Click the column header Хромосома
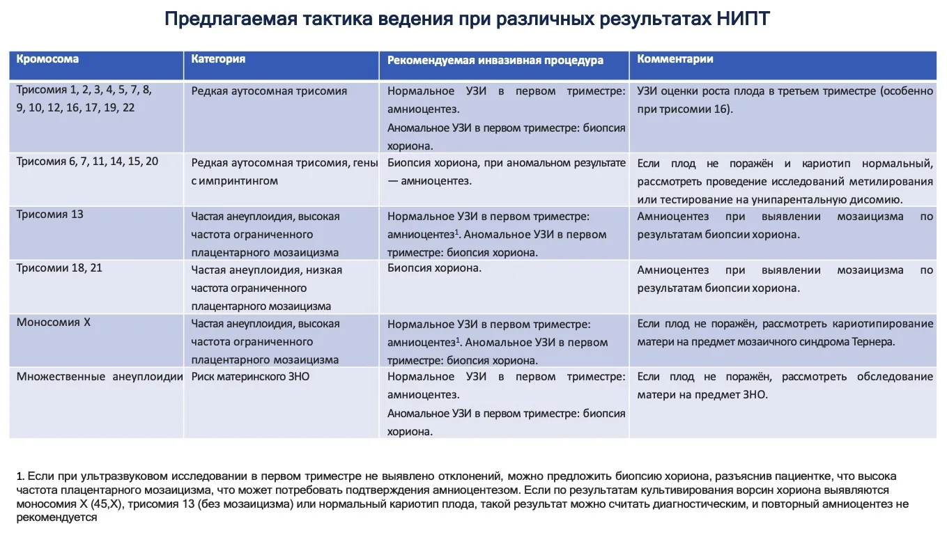47,59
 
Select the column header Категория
218,59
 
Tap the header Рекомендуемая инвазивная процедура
495,61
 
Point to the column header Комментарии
675,59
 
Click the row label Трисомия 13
49,214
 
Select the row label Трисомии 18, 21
59,267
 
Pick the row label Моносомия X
53,322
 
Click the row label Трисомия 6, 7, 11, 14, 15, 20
87,161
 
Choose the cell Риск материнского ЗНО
250,377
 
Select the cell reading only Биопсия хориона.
434,267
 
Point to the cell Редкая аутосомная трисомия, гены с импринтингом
284,171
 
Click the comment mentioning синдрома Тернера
785,332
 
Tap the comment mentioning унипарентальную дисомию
785,181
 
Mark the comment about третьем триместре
785,100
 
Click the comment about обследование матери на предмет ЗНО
785,385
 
